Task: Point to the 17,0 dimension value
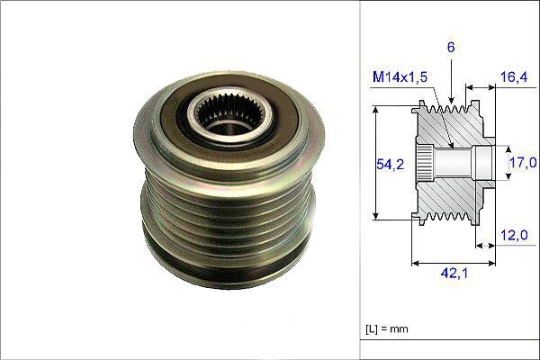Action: tap(523, 163)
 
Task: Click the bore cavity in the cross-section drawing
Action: tap(459, 163)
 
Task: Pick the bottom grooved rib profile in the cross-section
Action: tap(450, 216)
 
